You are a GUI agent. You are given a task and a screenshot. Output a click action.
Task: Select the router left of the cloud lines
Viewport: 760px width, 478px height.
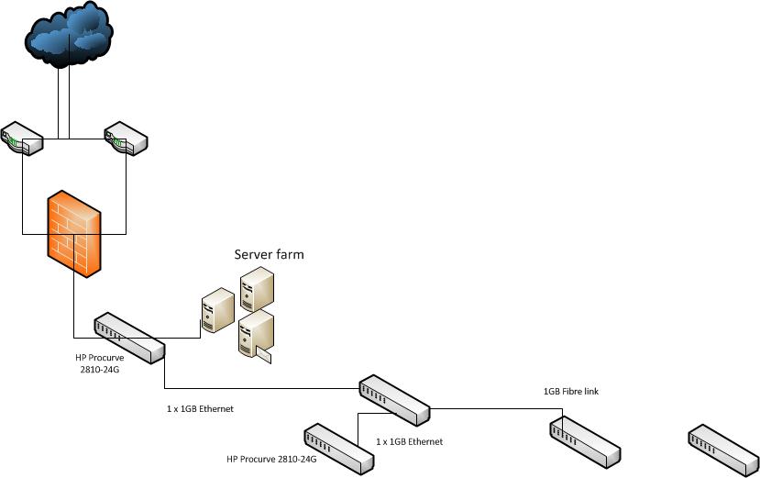(22, 139)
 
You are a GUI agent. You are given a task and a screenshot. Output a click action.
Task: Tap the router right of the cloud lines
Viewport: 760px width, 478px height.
(126, 139)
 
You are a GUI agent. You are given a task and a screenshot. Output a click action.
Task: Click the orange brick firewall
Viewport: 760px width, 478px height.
(74, 234)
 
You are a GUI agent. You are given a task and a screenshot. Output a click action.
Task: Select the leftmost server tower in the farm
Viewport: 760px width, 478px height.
(217, 310)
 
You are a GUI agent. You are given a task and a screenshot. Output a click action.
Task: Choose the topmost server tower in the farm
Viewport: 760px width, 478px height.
(257, 287)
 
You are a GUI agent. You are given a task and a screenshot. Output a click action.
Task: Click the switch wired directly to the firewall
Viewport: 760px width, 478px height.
(128, 338)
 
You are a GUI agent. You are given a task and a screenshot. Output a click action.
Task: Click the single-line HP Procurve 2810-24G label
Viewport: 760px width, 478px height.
(271, 458)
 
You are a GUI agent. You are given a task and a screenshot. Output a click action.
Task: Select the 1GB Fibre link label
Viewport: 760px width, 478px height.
(571, 392)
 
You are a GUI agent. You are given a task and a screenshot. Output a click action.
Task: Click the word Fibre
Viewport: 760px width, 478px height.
(572, 392)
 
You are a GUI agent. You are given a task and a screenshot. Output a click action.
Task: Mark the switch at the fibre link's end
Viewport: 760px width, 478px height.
(586, 439)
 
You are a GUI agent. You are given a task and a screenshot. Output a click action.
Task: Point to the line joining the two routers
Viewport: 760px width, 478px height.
(73, 139)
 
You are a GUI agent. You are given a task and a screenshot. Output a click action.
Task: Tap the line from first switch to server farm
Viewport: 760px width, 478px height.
(183, 337)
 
